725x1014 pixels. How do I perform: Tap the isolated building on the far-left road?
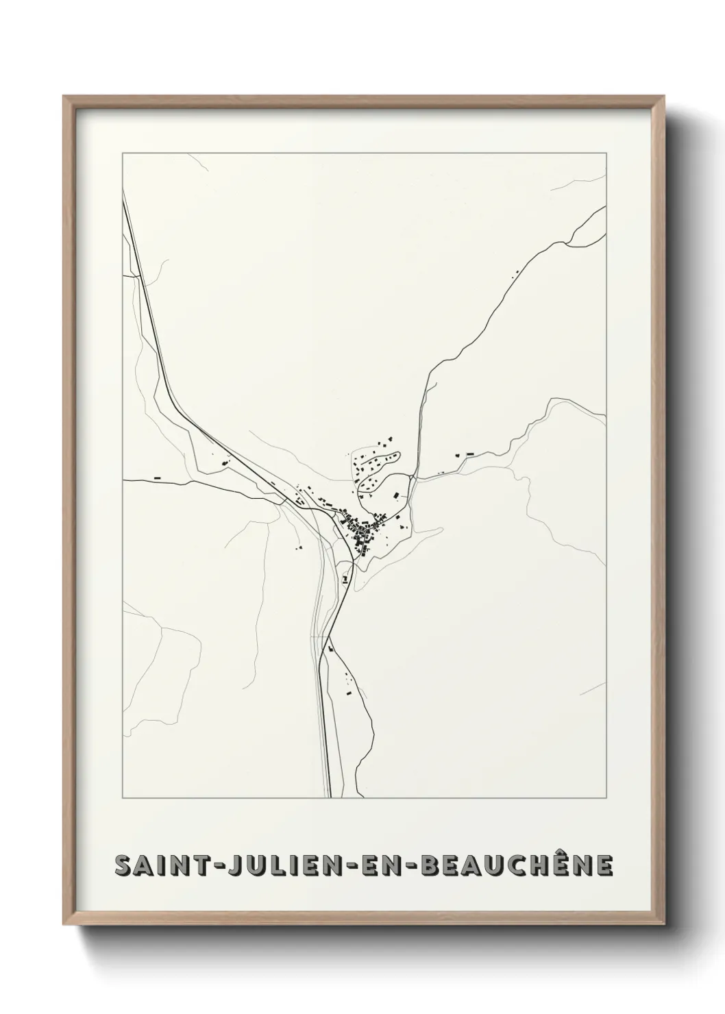(157, 477)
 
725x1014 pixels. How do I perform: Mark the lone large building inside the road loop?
(395, 495)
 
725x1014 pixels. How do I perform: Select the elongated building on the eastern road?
(470, 454)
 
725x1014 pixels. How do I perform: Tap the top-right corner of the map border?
(606, 153)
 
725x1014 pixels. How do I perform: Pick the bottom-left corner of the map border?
(123, 798)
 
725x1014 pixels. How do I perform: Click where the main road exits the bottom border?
(330, 797)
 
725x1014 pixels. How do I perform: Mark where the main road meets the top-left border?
(123, 195)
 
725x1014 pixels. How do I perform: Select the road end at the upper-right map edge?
(605, 206)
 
